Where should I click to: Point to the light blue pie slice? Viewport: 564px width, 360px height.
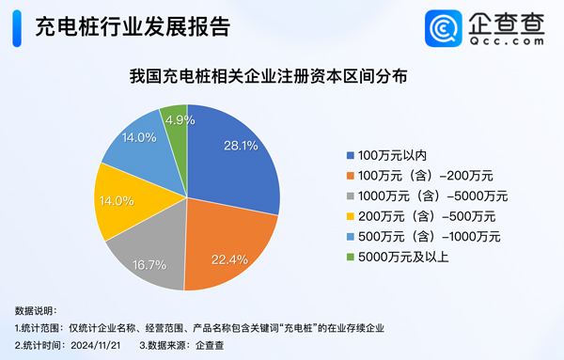[x=136, y=146]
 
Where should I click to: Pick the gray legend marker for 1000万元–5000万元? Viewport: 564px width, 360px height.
[x=352, y=196]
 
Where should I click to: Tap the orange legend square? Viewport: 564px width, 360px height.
[x=352, y=175]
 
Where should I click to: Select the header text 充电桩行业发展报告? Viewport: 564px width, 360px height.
[x=132, y=27]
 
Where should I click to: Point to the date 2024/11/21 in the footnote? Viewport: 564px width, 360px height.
[x=97, y=345]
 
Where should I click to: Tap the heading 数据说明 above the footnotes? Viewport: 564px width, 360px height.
[x=36, y=309]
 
